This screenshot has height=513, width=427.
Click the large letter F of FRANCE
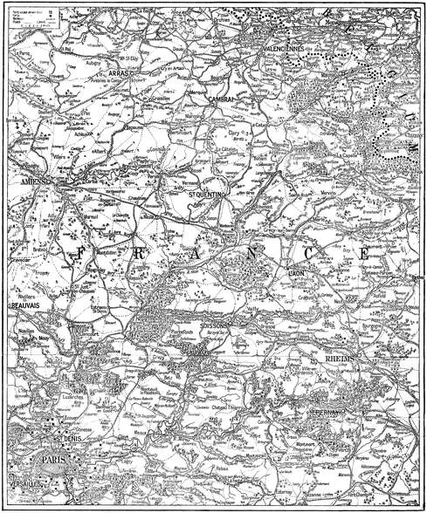[x=80, y=255]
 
